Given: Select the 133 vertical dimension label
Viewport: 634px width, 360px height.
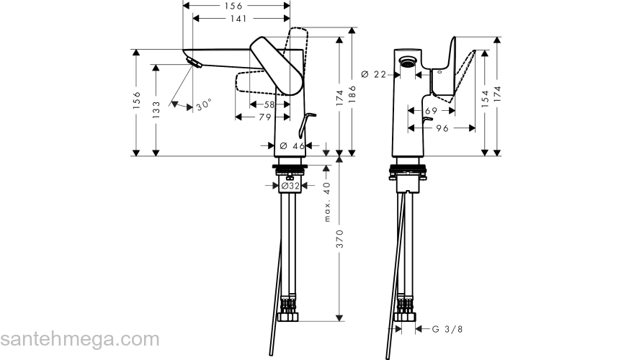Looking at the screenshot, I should [x=156, y=109].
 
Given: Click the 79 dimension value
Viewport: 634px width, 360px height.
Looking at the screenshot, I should [x=264, y=117].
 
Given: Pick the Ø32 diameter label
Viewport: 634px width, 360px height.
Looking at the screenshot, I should [x=290, y=186].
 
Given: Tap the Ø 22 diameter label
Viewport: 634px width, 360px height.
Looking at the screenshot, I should [x=375, y=73].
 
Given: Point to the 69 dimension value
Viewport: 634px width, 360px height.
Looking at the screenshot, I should [x=431, y=110].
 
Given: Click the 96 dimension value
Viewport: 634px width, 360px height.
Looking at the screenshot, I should [x=442, y=128].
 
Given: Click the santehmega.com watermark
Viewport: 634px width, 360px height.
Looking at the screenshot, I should [x=79, y=339].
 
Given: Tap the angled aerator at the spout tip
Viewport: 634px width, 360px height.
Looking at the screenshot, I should [x=192, y=64].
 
